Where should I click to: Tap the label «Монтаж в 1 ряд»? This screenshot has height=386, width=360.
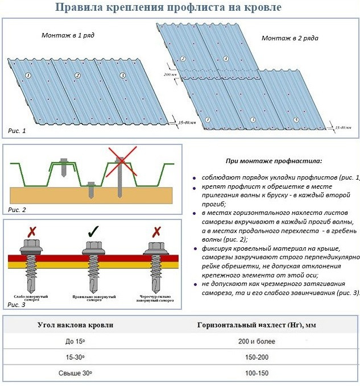[68, 35]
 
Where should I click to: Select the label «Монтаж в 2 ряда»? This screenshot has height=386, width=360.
[289, 38]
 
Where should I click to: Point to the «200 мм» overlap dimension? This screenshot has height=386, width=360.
[170, 74]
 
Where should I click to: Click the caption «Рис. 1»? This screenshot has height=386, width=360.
[17, 131]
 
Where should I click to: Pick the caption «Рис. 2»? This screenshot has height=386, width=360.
[17, 210]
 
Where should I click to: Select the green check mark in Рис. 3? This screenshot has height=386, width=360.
[94, 232]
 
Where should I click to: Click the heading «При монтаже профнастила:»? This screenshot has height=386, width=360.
[274, 161]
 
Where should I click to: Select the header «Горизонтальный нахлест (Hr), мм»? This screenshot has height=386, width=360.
[256, 325]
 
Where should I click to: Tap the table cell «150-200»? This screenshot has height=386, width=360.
[257, 357]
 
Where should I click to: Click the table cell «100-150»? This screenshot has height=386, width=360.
[257, 373]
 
